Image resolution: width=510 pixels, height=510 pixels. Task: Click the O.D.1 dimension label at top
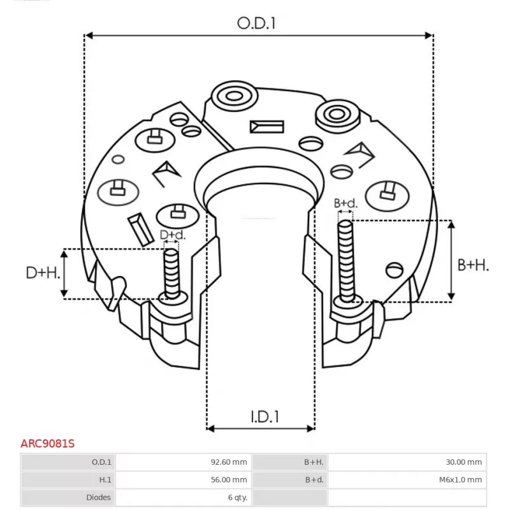click(x=256, y=24)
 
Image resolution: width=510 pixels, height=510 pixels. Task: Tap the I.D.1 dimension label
click(x=265, y=417)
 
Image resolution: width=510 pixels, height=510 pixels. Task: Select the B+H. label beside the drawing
click(x=473, y=265)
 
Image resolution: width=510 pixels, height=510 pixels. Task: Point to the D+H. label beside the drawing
click(x=43, y=273)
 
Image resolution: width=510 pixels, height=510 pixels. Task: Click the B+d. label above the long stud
click(x=346, y=203)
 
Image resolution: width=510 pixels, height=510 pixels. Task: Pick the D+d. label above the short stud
click(x=172, y=235)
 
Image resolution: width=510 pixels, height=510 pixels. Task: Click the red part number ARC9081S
click(x=47, y=443)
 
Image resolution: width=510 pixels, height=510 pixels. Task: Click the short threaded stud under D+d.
click(x=171, y=274)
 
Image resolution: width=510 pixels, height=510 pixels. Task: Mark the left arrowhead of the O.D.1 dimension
click(x=89, y=35)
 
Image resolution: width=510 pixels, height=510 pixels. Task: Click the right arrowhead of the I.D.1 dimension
click(x=310, y=428)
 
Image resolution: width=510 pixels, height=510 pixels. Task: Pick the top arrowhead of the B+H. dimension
click(x=451, y=224)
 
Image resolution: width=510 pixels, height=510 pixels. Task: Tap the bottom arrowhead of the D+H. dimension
click(x=64, y=293)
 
